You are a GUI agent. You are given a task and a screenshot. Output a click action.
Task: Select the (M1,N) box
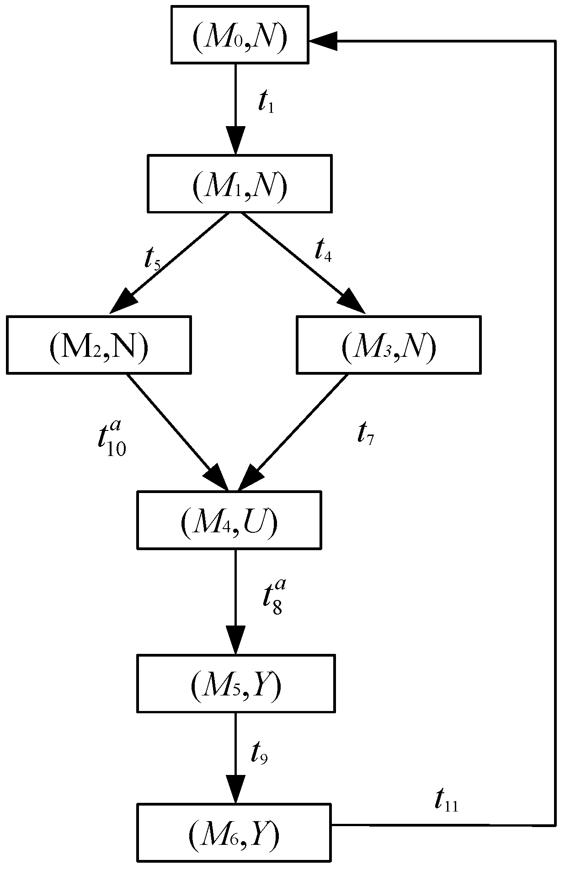(239, 184)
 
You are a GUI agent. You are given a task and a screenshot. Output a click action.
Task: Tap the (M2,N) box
(99, 345)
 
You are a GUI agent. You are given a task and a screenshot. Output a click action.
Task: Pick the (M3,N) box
(389, 345)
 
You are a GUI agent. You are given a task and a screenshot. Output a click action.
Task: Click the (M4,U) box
(229, 520)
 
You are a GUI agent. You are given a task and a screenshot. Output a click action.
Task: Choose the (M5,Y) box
(236, 684)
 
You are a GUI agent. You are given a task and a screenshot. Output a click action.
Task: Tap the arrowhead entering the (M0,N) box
(323, 41)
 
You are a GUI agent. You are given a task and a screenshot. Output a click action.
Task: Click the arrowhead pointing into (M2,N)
(124, 302)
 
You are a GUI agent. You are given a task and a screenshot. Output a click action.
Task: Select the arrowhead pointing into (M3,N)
(352, 302)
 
